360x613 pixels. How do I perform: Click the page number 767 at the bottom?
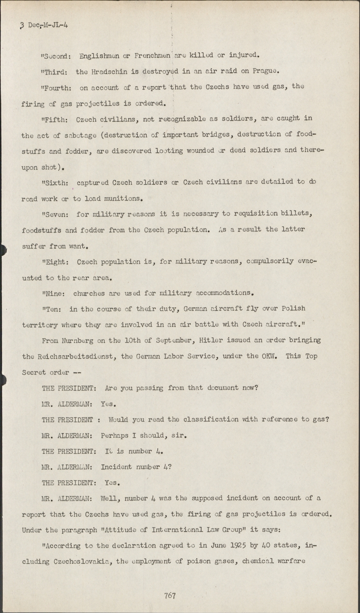[x=170, y=595]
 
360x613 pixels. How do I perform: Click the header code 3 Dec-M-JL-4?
[x=44, y=25]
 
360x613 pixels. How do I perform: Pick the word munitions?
[x=123, y=199]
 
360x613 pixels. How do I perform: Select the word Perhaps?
[x=114, y=436]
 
